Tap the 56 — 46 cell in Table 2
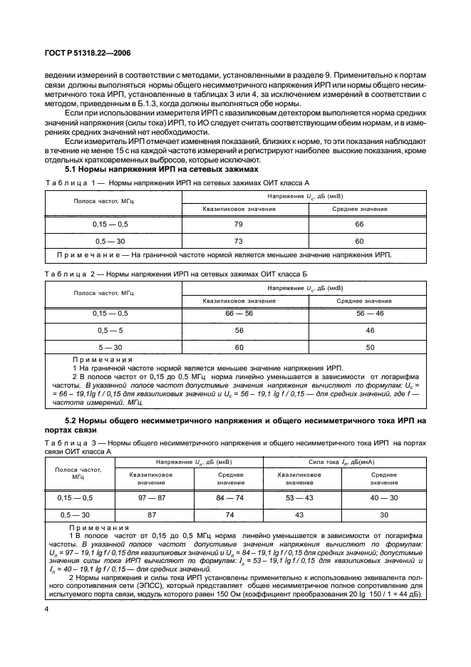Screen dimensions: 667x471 click(370, 314)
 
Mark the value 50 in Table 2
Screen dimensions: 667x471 click(370, 347)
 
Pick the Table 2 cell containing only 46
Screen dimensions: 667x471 click(370, 331)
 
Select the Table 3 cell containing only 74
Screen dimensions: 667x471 click(230, 515)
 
